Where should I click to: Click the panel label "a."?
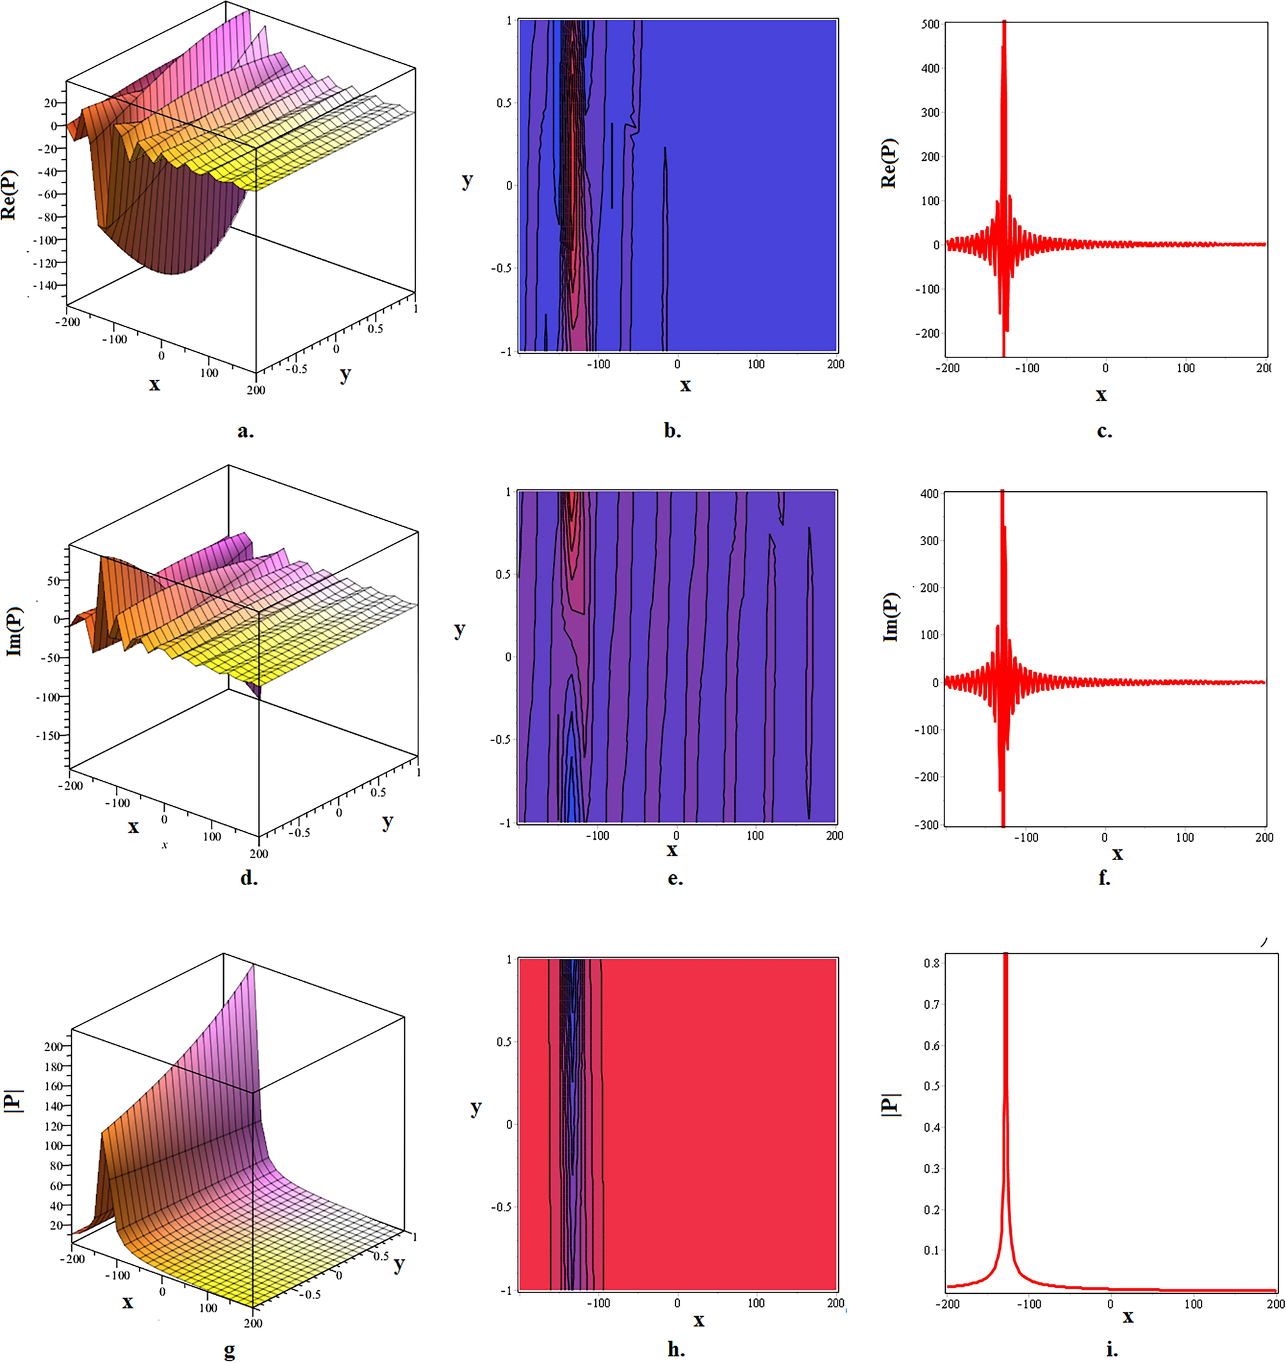click(245, 431)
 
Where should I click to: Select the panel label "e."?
click(675, 878)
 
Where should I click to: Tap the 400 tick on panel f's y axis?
click(930, 494)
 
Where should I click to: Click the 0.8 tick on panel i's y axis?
click(932, 963)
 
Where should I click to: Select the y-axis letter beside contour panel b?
click(467, 181)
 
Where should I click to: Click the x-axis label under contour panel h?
click(698, 1320)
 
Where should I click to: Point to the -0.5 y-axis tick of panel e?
click(501, 739)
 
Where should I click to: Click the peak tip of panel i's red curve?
click(1005, 954)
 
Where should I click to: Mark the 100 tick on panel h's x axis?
click(756, 1303)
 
